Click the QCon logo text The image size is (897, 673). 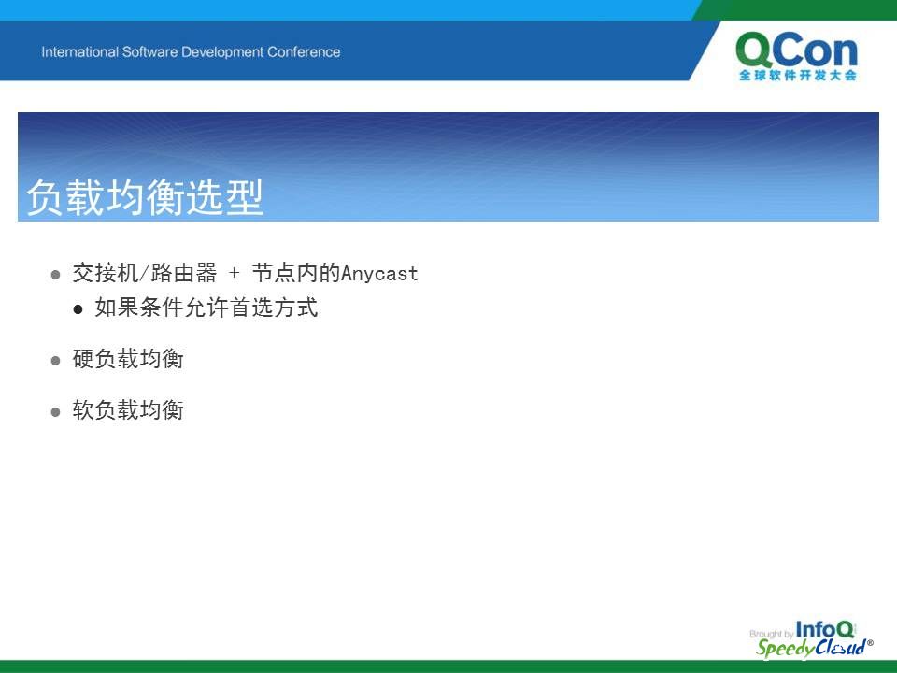[796, 50]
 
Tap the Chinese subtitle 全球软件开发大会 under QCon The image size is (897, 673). [797, 75]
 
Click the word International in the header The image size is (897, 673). [80, 52]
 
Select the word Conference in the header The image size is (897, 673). [304, 52]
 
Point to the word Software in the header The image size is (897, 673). [149, 52]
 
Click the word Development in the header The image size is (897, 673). [222, 52]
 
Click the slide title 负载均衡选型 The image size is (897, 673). [145, 197]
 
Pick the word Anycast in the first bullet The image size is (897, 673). [380, 274]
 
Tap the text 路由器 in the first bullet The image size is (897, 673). [184, 273]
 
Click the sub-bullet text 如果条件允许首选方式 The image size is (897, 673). [206, 308]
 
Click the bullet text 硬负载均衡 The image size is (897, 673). [128, 359]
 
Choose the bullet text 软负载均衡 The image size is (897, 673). [128, 410]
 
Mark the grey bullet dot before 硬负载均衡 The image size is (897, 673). [55, 361]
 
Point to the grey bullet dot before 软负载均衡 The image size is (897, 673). [55, 412]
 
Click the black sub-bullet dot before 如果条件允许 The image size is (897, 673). [78, 309]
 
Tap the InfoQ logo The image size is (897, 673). [825, 629]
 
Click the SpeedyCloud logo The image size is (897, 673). [814, 648]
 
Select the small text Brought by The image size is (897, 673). [771, 634]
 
